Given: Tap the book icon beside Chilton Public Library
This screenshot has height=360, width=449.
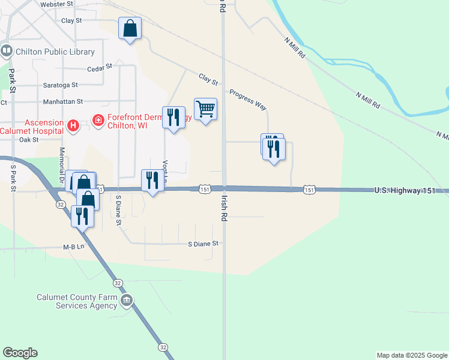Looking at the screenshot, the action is click(x=7, y=52).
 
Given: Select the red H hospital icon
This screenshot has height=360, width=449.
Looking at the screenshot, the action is click(x=73, y=125).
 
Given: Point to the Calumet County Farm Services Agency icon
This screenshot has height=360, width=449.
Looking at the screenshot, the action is click(x=126, y=300).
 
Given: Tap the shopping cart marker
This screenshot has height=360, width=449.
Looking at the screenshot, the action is click(x=205, y=109).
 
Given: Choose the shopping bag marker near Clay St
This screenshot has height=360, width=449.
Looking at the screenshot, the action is click(x=130, y=28).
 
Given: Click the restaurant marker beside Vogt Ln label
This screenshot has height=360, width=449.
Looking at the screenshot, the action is click(x=152, y=180).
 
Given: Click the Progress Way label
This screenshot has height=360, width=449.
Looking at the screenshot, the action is click(x=247, y=99).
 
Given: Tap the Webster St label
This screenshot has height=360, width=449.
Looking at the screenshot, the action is click(x=56, y=4).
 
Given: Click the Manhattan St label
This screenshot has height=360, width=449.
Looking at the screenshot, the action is click(x=62, y=102).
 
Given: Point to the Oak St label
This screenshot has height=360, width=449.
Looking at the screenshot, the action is click(x=29, y=139).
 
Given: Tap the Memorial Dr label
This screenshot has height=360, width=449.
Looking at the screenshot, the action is click(x=61, y=163).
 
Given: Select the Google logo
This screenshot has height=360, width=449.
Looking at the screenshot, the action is click(x=20, y=353).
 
